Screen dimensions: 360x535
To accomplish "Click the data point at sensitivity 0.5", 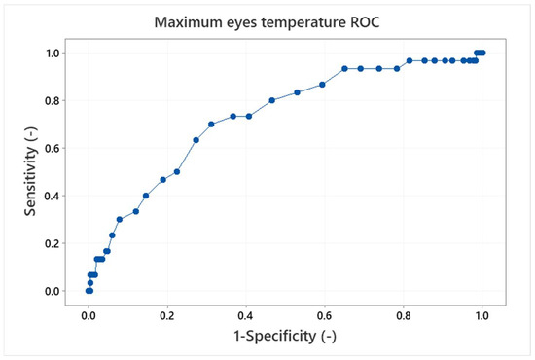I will pyautogui.click(x=177, y=171).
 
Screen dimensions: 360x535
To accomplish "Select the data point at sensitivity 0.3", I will pyautogui.click(x=120, y=219).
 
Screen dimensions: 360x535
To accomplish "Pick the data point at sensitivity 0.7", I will pyautogui.click(x=211, y=124).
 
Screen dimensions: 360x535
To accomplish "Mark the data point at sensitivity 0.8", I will pyautogui.click(x=272, y=100).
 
